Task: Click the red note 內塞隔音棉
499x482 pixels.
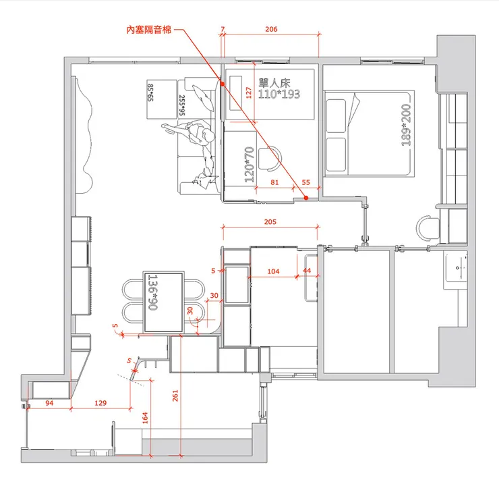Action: point(149,30)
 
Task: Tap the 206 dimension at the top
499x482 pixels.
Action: point(271,29)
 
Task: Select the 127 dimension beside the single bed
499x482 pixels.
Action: point(249,92)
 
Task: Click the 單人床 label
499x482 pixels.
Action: point(274,84)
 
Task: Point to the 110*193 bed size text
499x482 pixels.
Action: point(278,94)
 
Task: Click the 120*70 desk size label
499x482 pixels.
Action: point(249,165)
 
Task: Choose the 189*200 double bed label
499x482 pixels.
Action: point(406,125)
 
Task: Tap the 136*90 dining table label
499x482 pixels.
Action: point(153,292)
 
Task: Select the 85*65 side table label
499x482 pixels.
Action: point(150,92)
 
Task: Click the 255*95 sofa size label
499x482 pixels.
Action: point(182,105)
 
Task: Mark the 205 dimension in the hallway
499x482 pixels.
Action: point(270,221)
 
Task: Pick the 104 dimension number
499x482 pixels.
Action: point(273,271)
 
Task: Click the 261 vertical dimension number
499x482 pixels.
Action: point(175,396)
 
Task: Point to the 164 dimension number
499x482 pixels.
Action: point(145,418)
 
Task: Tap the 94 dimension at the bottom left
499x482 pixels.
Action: point(49,403)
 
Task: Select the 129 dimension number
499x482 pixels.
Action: point(100,402)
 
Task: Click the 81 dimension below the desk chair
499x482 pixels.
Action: point(274,182)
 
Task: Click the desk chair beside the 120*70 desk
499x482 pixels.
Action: point(270,158)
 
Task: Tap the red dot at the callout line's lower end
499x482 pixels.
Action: point(306,198)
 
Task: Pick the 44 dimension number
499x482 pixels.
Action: point(307,271)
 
